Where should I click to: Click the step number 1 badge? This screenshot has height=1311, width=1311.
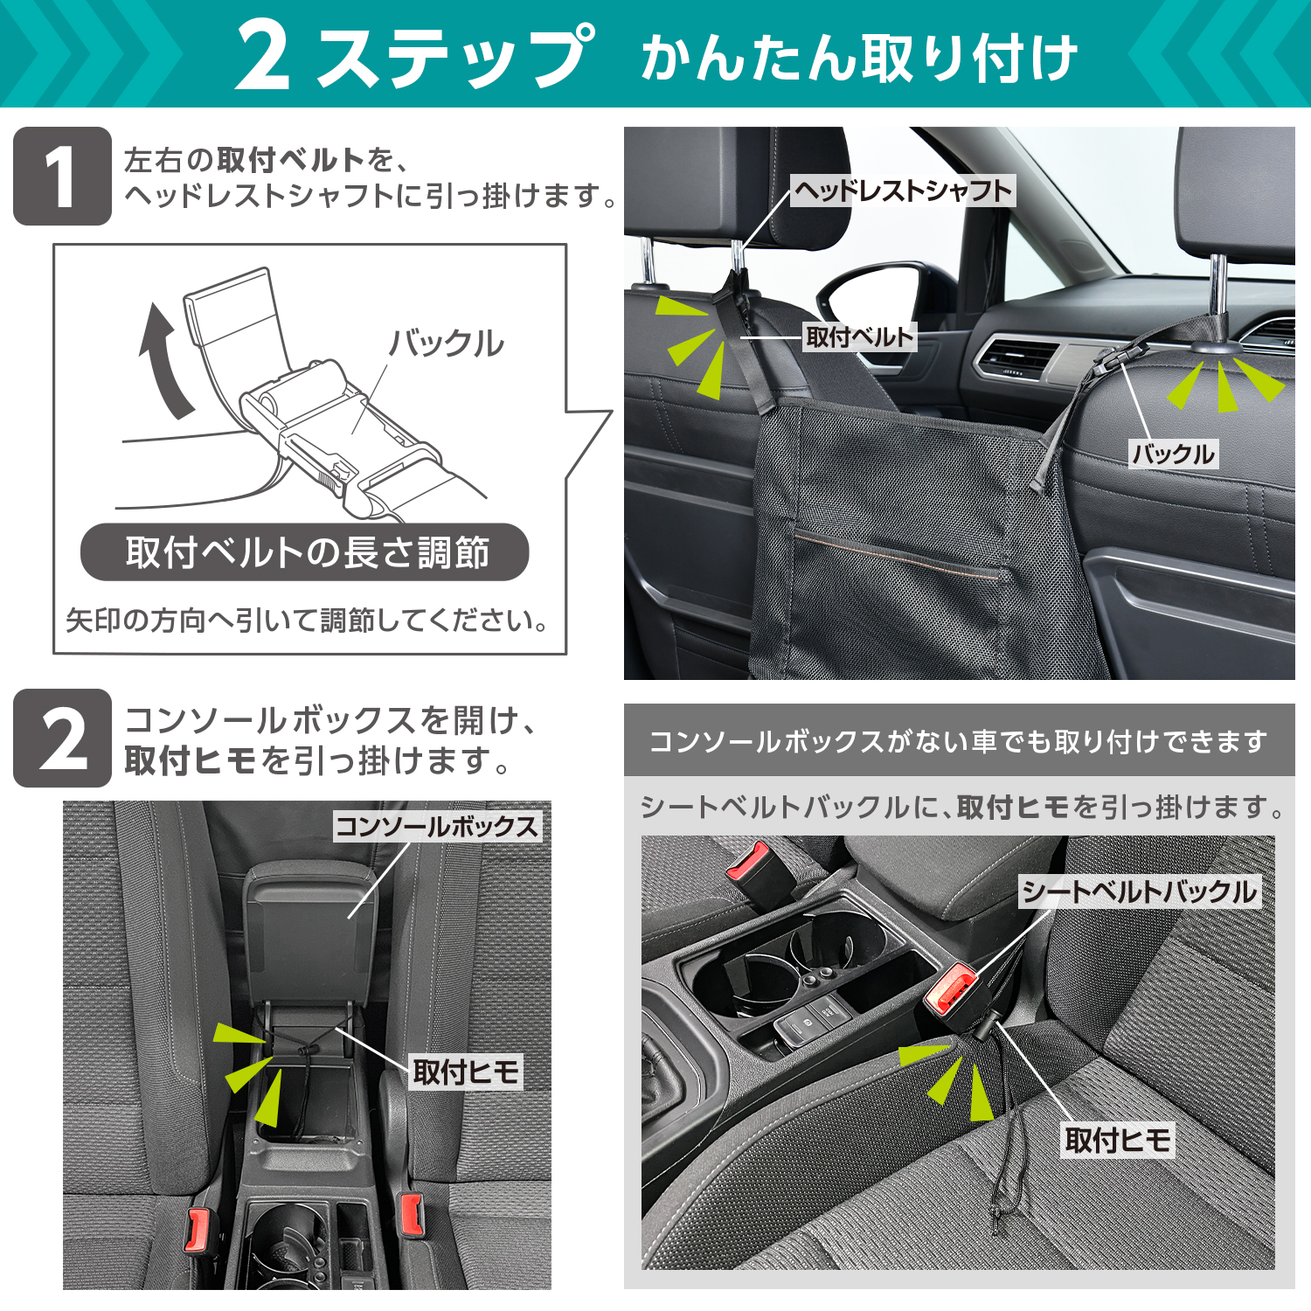(62, 176)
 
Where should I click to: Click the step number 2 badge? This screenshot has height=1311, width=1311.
(62, 738)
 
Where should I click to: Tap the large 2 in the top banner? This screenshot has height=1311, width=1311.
(262, 56)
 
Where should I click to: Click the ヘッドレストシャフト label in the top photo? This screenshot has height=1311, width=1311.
(903, 190)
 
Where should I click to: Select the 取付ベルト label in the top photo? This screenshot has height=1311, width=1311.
(860, 336)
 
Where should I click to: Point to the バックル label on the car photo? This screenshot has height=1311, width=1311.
(1173, 454)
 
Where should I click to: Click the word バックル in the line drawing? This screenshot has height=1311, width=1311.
(447, 343)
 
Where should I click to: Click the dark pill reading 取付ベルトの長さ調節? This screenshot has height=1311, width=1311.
(305, 552)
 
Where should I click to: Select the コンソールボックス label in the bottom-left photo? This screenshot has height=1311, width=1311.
(437, 826)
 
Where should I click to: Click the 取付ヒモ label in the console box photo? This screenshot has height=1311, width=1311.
(467, 1072)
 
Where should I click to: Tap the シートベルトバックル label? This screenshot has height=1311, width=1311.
(1140, 891)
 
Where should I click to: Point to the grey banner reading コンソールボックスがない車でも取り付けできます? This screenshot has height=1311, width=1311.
(960, 740)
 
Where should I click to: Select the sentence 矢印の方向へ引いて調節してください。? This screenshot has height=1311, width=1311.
(308, 620)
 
